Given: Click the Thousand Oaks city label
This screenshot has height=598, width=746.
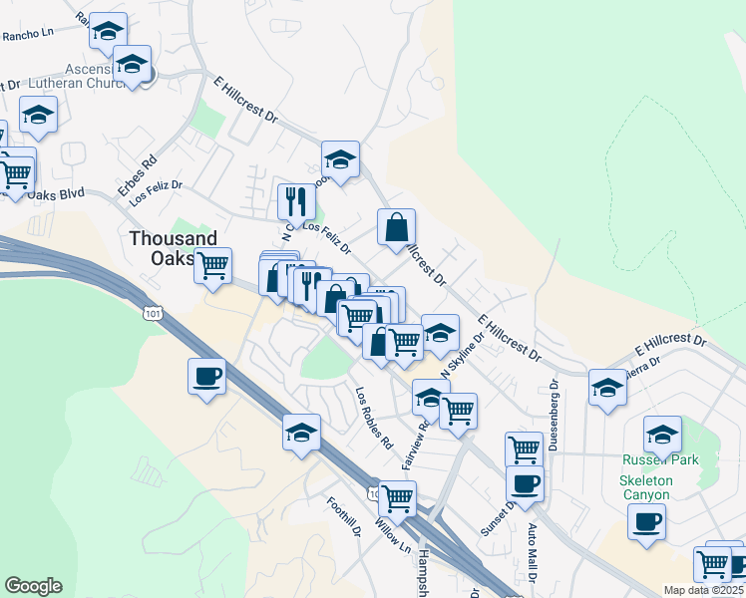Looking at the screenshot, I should tap(173, 248).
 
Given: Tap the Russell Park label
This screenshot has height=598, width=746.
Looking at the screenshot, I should tap(660, 459).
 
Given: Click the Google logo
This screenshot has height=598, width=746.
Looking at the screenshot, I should tap(33, 585).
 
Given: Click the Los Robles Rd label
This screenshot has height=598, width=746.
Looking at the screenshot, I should tap(372, 417).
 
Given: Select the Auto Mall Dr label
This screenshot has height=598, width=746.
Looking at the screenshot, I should tap(533, 554).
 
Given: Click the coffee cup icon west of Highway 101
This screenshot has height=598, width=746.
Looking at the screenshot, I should tap(206, 377).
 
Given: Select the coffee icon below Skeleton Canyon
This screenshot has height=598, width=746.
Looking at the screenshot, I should tap(646, 521).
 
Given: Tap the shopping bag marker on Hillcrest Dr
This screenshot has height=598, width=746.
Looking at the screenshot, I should tap(396, 227).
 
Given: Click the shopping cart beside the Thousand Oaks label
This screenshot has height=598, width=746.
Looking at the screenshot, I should tap(211, 265).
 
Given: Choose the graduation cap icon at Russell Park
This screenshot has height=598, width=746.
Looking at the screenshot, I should tap(661, 435).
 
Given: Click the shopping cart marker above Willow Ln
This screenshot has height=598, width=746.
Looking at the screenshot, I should tap(397, 497).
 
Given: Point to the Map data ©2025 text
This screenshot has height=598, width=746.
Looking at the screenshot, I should tap(702, 590).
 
